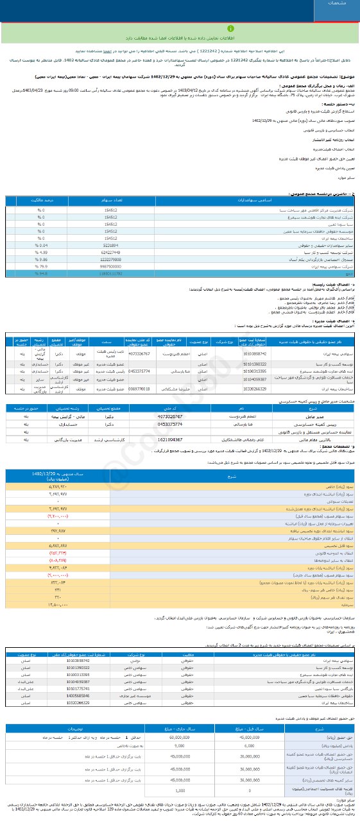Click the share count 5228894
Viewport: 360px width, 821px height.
tap(110, 245)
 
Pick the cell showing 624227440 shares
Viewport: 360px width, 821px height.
tap(110, 252)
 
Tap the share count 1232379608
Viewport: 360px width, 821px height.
tap(110, 259)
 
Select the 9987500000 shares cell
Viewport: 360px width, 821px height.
tap(110, 266)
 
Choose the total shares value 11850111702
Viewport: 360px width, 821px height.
tap(110, 274)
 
